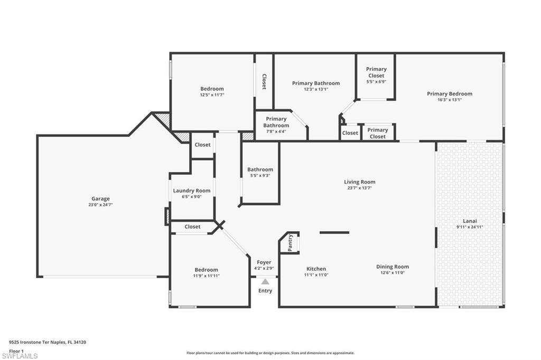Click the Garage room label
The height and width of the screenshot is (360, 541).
[100, 198]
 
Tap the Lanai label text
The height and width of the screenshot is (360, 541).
[470, 221]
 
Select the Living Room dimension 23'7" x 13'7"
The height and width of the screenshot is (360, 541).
[360, 188]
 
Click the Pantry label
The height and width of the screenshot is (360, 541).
[291, 243]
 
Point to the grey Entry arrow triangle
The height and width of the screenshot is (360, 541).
[265, 282]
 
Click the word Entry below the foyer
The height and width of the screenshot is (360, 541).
[265, 291]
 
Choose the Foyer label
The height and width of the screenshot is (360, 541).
[264, 262]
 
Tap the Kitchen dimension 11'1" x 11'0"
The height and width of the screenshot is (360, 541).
[316, 275]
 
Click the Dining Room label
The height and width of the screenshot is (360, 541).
[393, 267]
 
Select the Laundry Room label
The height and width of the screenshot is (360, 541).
[191, 191]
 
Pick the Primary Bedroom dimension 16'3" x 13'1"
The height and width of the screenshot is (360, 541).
[450, 100]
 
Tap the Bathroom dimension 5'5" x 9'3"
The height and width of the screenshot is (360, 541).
[260, 176]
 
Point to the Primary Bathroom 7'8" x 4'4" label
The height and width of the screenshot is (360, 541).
[276, 122]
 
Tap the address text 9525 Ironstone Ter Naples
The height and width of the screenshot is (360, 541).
[48, 342]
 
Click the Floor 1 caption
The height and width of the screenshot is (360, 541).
[16, 350]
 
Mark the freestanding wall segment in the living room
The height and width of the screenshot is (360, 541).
[334, 232]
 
